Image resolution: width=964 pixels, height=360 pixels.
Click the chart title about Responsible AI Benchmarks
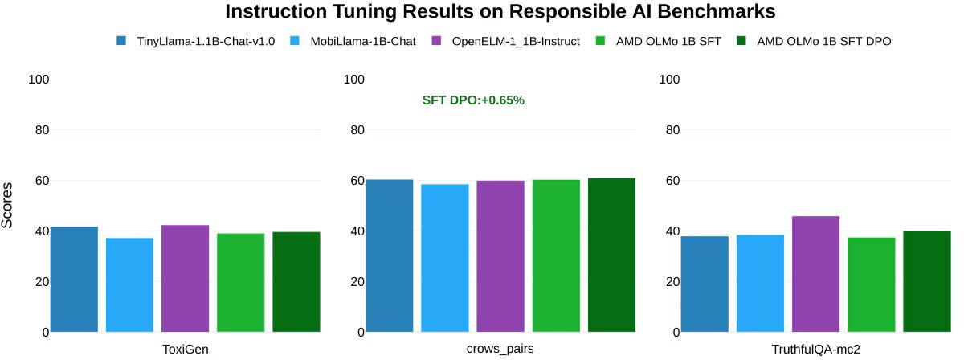[x=500, y=12]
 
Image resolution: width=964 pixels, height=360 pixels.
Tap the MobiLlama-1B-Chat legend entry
[x=362, y=41]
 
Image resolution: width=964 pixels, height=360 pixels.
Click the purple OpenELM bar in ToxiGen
[x=185, y=278]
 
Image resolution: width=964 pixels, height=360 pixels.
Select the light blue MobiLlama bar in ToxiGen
[x=129, y=284]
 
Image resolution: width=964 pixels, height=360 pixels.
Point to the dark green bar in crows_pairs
[x=611, y=255]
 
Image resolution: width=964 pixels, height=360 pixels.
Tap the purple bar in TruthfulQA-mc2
[x=815, y=274]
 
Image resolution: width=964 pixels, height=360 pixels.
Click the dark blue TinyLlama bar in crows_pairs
[x=389, y=256]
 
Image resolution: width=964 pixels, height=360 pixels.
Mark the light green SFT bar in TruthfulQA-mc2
[x=871, y=284]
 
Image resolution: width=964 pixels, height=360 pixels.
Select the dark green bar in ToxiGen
[x=296, y=281]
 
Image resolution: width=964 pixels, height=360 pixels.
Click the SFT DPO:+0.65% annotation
[x=473, y=100]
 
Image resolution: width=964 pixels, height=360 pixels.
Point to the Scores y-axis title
[x=8, y=206]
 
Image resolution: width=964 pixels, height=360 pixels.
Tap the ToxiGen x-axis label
[x=185, y=349]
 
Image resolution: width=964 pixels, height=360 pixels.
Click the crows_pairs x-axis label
[x=500, y=349]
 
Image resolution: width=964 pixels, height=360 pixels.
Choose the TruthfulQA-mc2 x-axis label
[x=815, y=349]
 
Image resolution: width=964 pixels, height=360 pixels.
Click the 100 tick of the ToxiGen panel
[x=39, y=80]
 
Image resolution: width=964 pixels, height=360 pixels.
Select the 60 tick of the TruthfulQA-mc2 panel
[x=669, y=181]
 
